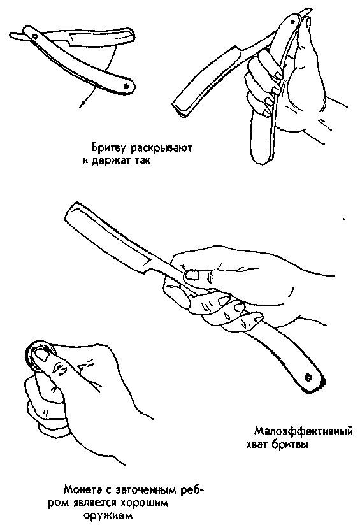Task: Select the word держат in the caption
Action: click(112, 161)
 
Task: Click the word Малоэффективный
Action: click(303, 431)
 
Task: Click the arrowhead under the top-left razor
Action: click(82, 104)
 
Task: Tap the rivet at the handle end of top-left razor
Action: click(126, 87)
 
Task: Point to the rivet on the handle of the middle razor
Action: click(308, 377)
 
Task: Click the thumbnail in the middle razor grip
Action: click(191, 275)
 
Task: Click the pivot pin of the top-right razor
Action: click(293, 22)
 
